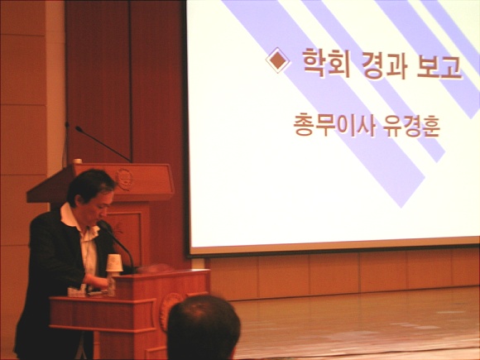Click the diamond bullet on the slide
point(277,60)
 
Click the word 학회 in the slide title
point(326,64)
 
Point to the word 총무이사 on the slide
point(334,125)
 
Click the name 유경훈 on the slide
point(412,127)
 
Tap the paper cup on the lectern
point(114,262)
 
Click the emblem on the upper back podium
point(124,179)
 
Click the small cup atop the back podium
point(78,161)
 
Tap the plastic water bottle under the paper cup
point(111,284)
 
